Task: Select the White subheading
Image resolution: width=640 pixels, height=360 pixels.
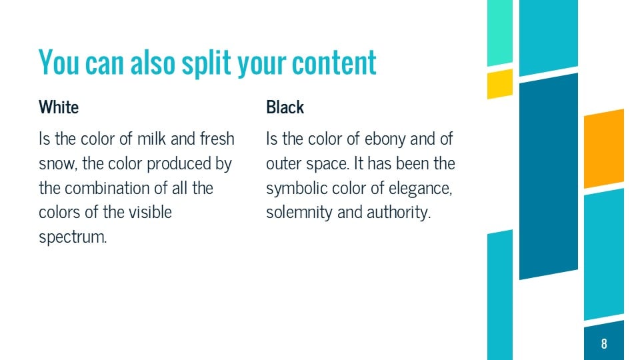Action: tap(59, 107)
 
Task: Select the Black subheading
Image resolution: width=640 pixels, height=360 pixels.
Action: tap(285, 107)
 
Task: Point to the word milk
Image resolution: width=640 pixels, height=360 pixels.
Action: tap(155, 139)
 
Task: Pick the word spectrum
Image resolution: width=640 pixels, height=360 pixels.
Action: tap(73, 237)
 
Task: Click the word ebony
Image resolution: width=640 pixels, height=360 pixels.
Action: tap(366, 139)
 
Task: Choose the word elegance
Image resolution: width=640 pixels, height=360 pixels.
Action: tap(423, 188)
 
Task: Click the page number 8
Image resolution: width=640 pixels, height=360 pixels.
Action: tap(604, 344)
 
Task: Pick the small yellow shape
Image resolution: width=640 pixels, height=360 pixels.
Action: tap(500, 83)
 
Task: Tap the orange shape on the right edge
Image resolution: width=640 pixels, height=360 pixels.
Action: tap(604, 148)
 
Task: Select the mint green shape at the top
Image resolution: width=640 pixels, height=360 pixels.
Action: tap(500, 32)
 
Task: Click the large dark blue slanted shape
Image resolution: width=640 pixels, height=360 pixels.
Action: tap(548, 176)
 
